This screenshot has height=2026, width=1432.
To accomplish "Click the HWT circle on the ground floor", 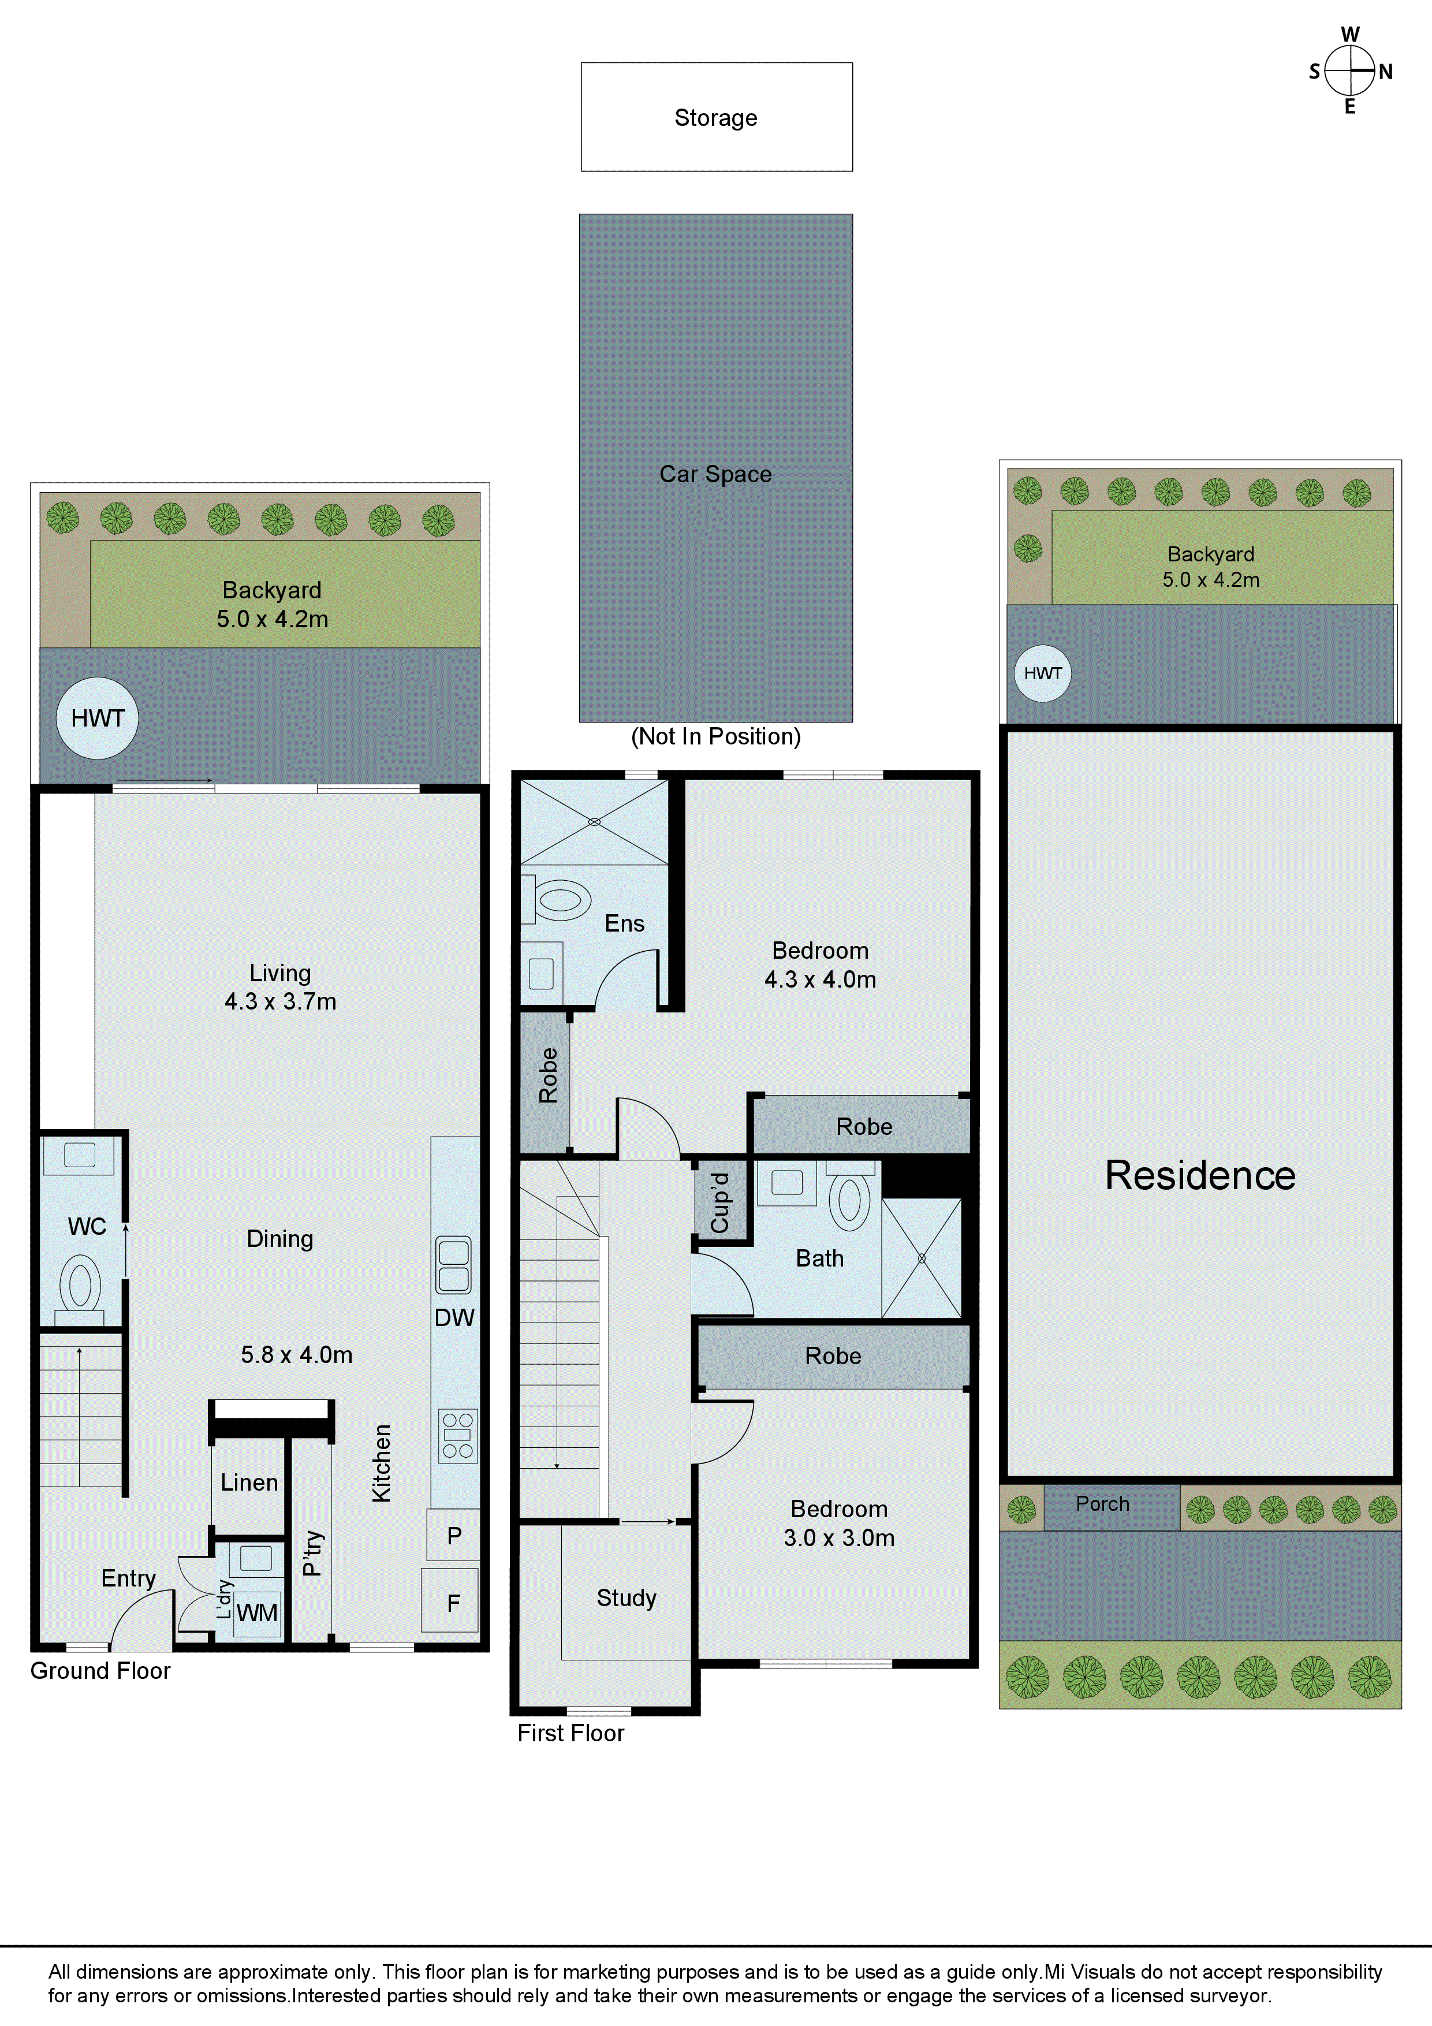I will (97, 718).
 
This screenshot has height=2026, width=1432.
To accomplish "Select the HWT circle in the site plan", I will (1043, 673).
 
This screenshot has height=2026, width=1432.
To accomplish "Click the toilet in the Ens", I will (561, 900).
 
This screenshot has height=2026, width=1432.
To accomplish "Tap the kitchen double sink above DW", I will (453, 1264).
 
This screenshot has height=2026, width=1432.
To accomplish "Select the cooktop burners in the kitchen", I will (458, 1436).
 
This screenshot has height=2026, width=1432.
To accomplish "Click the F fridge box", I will (453, 1603).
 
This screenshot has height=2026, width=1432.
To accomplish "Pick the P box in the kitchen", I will (453, 1536).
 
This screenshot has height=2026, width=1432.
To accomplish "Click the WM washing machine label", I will (257, 1613).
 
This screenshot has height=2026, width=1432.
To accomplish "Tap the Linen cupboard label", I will (249, 1483).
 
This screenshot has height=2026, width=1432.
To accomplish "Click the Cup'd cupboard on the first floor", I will (721, 1202).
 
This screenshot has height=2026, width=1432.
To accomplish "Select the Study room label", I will (626, 1598).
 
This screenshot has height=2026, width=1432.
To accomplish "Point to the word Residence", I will (1200, 1175).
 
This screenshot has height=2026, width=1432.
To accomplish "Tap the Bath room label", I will (820, 1258).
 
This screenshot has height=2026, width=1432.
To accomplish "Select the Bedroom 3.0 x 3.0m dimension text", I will (839, 1538).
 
